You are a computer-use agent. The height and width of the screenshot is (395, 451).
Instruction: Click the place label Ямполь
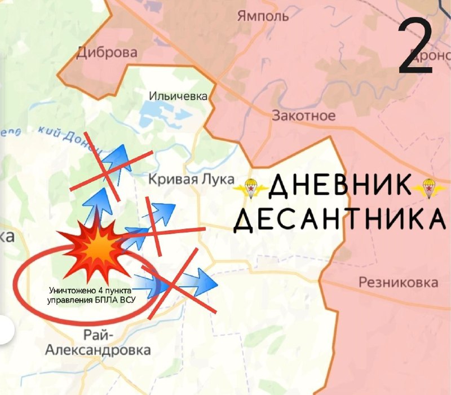[x=263, y=15]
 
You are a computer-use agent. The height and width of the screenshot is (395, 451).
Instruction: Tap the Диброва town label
[x=107, y=53]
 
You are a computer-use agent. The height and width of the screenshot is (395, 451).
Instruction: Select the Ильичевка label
[x=178, y=96]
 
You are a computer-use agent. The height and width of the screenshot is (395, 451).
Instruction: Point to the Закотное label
[x=303, y=116]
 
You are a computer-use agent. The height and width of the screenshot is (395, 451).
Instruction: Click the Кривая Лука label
[x=191, y=179]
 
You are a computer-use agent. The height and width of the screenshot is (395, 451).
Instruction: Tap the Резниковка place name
[x=398, y=282]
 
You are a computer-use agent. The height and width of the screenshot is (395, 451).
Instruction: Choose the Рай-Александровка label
[x=98, y=343]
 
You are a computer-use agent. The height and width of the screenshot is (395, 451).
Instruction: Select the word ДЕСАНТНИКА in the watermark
[x=337, y=221]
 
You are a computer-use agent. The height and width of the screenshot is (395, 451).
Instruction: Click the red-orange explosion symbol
[x=93, y=245]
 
